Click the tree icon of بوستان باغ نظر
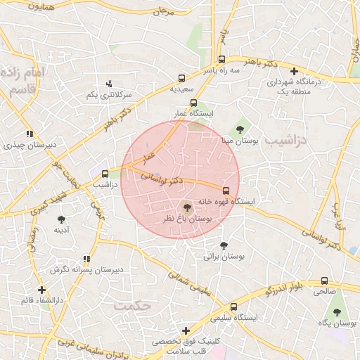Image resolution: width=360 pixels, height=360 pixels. (186, 207)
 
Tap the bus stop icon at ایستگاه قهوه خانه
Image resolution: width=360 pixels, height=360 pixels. (226, 190)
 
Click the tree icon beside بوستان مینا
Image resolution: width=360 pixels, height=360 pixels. (240, 129)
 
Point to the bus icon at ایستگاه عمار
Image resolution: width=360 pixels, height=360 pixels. (193, 103)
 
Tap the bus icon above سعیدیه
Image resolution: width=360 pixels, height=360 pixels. (182, 78)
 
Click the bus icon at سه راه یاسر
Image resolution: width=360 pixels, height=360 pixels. (222, 59)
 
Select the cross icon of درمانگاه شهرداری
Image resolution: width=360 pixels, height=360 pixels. (294, 70)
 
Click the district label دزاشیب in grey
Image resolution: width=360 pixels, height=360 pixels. (290, 141)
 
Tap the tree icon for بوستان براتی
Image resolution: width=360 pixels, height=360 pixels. (224, 245)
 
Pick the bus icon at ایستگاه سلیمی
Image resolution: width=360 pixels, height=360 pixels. (233, 307)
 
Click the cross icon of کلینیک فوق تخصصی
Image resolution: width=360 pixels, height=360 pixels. (186, 330)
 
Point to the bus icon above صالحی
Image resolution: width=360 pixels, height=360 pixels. (324, 281)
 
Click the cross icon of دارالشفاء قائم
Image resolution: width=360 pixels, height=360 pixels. (41, 290)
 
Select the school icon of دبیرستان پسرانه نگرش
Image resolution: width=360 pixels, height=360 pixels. (86, 259)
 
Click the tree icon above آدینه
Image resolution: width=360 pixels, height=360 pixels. (59, 218)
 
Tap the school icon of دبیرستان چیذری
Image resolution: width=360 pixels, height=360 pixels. (30, 134)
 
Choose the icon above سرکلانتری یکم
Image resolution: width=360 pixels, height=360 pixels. (108, 84)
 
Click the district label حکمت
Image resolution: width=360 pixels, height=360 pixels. (134, 307)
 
